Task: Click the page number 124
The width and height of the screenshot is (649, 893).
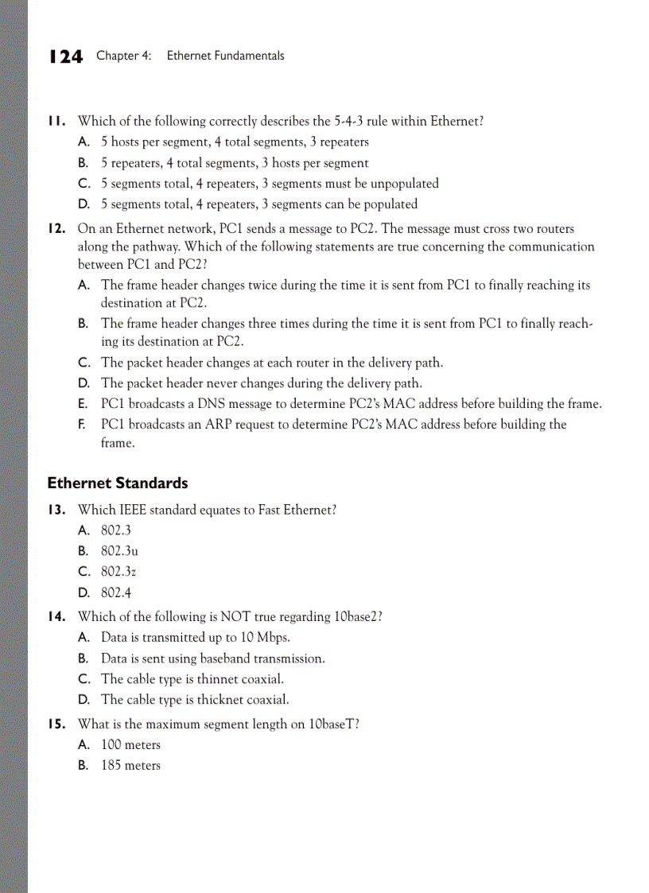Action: point(65,56)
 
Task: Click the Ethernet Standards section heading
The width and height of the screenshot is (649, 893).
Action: point(118,483)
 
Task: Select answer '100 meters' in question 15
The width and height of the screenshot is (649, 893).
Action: point(130,745)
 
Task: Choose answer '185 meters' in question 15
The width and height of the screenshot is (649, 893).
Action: point(130,766)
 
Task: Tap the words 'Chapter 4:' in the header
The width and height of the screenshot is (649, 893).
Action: point(124,56)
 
